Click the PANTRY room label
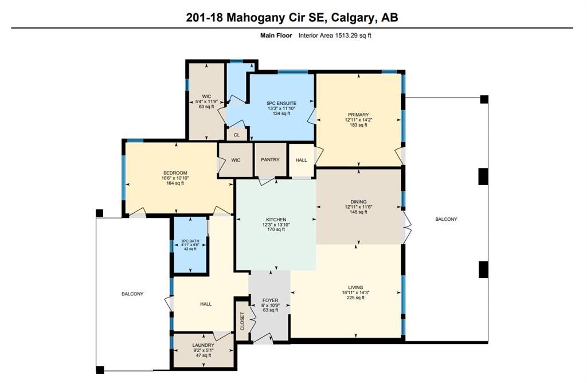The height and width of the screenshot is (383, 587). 270,159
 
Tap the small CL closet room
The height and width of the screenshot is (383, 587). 237,134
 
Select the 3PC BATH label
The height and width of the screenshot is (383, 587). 190,241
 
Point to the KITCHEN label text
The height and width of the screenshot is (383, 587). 276,220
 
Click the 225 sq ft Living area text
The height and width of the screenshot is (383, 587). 355,298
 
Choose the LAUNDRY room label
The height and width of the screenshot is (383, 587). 204,345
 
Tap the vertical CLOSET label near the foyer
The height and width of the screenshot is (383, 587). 242,321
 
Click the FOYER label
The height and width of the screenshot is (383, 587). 271,300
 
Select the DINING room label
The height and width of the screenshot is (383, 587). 358,202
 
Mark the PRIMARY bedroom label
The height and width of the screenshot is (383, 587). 358,115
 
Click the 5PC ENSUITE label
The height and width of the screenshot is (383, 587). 281,103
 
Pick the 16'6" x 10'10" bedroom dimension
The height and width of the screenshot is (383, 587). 175,178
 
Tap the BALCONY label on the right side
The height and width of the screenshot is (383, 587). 446,219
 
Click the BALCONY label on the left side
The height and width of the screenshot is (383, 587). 132,294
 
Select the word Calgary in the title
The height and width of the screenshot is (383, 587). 350,18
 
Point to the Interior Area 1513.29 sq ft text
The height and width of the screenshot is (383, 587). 335,36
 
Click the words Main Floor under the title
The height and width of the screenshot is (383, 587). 276,36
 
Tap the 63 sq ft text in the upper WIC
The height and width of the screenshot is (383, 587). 206,106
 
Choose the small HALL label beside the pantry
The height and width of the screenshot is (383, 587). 302,160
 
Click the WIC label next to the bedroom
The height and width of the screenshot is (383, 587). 236,160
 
